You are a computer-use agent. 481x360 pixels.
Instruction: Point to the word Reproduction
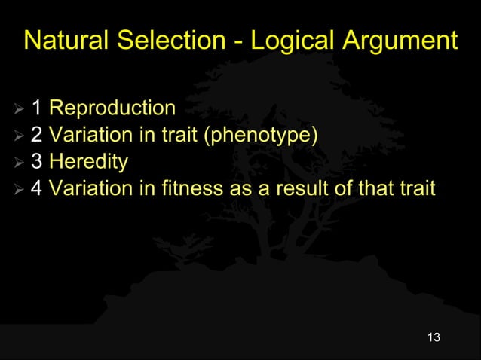click(x=112, y=108)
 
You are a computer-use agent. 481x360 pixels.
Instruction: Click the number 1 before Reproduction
click(x=36, y=108)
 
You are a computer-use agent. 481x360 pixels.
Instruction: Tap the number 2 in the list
click(x=36, y=135)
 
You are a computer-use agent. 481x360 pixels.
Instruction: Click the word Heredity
click(x=88, y=162)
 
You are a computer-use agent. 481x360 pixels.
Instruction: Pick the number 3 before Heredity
click(x=36, y=162)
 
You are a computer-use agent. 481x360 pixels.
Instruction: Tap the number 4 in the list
click(x=36, y=188)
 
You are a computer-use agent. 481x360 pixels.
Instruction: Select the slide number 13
click(x=433, y=337)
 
